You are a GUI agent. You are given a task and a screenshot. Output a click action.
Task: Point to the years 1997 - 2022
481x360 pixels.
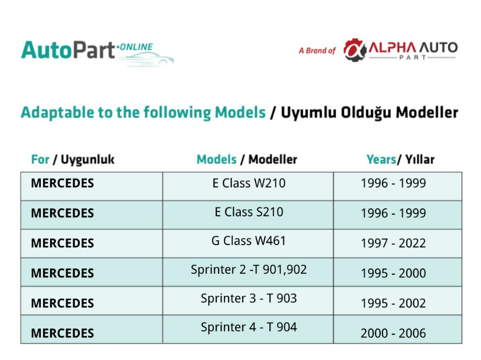(394, 243)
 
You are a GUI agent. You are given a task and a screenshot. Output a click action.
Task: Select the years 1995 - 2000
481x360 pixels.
(394, 273)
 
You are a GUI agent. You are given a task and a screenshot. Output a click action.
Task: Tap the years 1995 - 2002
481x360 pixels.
(394, 303)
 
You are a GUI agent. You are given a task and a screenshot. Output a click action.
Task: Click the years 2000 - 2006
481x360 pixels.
(394, 333)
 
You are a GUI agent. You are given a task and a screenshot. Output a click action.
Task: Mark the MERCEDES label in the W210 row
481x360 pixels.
(62, 183)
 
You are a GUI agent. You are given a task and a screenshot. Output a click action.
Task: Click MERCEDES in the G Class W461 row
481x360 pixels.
(62, 243)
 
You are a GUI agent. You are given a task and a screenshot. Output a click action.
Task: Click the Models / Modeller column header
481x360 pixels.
(247, 160)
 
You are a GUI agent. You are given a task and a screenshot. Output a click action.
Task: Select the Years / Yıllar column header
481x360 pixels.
(401, 160)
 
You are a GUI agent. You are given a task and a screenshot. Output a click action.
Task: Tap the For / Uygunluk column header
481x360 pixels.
(73, 160)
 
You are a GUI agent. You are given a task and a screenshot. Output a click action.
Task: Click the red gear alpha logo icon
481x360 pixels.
(355, 50)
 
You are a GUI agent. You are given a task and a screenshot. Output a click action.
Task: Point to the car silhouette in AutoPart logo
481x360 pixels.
(146, 59)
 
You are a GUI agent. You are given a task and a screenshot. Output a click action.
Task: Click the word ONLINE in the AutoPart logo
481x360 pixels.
(136, 47)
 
